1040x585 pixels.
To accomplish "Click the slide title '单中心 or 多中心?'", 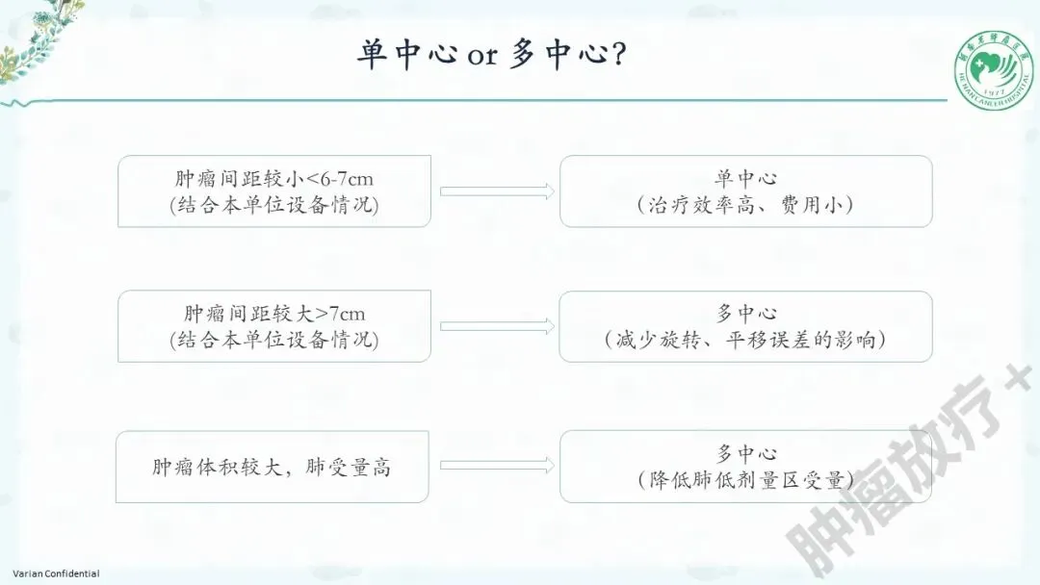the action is [x=493, y=55].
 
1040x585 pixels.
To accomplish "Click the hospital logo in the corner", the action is [x=994, y=68].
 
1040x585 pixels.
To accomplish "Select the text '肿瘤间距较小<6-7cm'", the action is [x=274, y=178].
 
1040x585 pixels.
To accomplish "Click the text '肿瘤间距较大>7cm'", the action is [x=274, y=314].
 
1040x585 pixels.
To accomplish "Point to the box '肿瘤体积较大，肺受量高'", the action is [x=272, y=468].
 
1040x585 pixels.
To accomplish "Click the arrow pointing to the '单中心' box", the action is [x=497, y=191].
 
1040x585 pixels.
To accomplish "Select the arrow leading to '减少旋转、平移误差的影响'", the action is [x=497, y=326].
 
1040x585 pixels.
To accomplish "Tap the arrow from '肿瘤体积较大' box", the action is [x=497, y=467].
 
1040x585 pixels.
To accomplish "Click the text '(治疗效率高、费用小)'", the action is [x=745, y=205].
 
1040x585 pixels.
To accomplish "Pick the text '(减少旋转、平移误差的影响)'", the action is [x=745, y=340].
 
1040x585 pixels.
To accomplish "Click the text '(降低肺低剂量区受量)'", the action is [x=745, y=480].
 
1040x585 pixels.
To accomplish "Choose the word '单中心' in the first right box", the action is [x=745, y=178].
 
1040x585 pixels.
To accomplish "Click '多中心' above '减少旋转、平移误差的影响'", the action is [x=745, y=314].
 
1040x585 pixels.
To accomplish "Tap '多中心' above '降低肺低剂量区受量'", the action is [x=745, y=453].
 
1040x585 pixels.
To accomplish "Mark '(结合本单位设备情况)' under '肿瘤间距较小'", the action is [x=274, y=205].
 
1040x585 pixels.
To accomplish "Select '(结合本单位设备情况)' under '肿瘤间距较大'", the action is [x=274, y=340].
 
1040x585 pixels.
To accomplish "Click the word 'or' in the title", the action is [x=482, y=57].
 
